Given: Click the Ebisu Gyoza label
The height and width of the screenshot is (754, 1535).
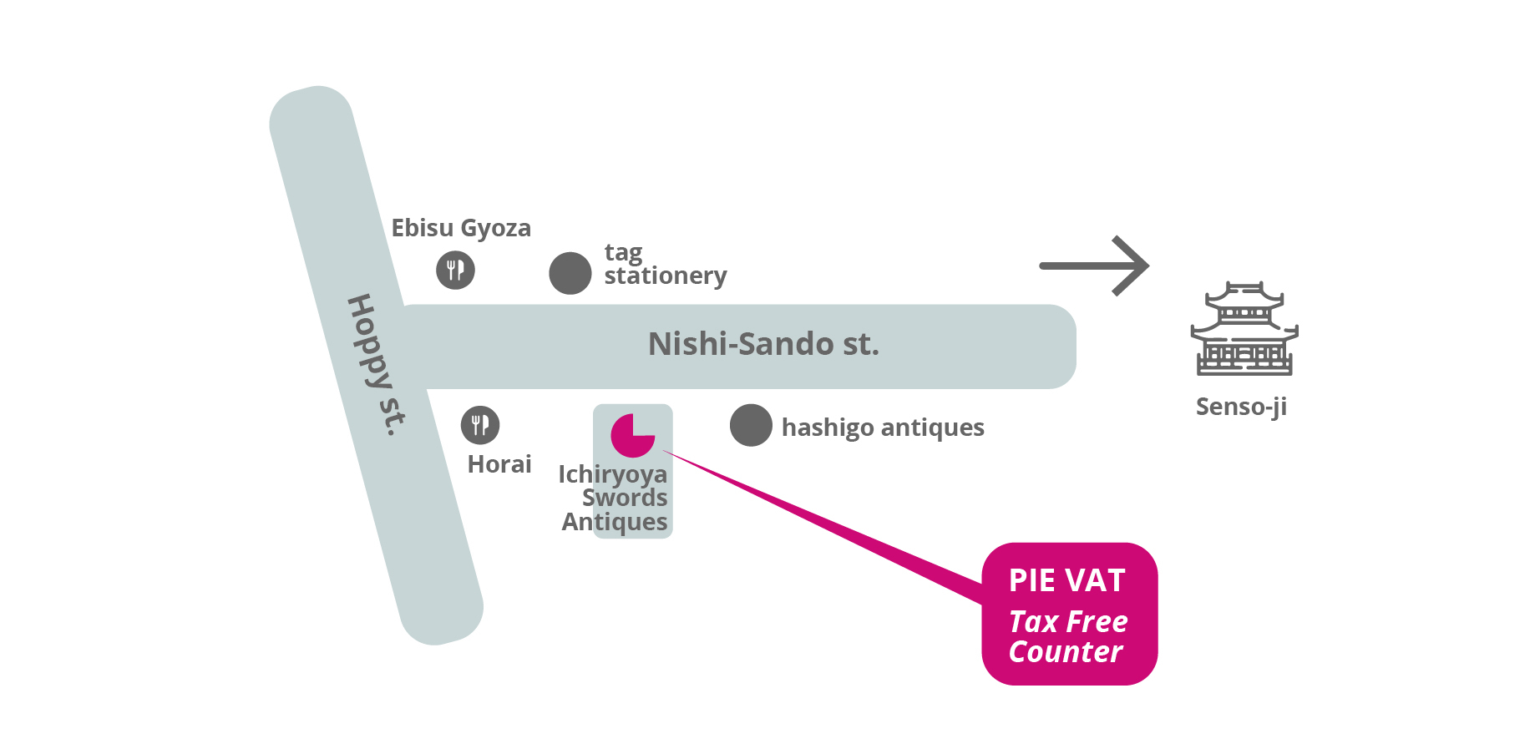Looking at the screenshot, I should point(461,228).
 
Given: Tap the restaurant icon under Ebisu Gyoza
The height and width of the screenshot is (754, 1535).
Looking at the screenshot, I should point(455,270).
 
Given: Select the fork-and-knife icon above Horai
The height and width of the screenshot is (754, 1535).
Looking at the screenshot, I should point(480,425).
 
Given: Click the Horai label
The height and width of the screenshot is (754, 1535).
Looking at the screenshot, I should point(499,464).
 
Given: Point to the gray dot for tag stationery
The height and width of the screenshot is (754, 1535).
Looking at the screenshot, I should point(570,273).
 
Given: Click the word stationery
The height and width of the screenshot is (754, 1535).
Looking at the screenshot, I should point(666,276).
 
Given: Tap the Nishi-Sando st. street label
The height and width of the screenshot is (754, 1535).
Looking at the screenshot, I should point(763,344).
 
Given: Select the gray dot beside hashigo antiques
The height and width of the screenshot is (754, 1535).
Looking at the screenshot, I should point(751,425).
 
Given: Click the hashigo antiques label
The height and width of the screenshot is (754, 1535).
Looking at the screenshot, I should point(883,428).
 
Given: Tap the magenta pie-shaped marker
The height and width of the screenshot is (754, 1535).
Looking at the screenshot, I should point(632,435).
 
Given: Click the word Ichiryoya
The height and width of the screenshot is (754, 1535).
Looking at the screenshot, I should point(612,474).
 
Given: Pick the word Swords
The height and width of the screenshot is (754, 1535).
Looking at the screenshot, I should point(625,498).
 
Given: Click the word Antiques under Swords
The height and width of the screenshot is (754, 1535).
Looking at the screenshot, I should point(615,522).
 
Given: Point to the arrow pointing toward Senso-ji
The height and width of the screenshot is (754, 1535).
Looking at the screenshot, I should point(1095,266).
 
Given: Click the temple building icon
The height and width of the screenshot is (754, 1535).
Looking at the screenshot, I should point(1244,329).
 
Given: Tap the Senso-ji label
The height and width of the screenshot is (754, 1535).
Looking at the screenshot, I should point(1241,407).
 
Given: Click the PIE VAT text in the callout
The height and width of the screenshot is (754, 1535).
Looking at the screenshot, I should point(1066,580).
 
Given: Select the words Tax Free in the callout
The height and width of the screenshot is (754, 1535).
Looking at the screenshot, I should point(1068,622).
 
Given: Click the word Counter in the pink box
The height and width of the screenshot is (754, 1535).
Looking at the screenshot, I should point(1065,652).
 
